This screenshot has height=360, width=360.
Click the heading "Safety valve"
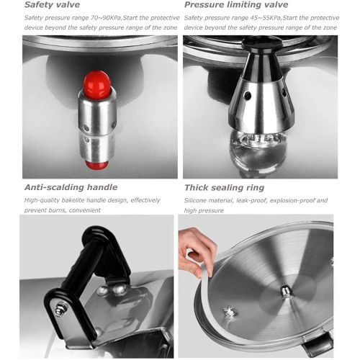click(x=52, y=5)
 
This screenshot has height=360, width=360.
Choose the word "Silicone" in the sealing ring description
click(x=199, y=200)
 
